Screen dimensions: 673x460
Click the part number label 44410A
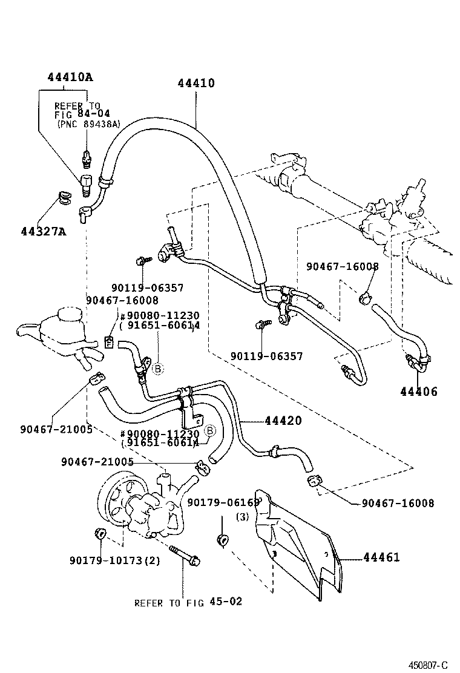pyautogui.click(x=70, y=77)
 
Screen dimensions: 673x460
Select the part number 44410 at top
pyautogui.click(x=196, y=84)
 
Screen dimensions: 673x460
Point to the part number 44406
pyautogui.click(x=418, y=392)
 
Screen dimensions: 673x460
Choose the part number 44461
pyautogui.click(x=381, y=557)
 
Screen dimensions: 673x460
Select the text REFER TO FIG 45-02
pyautogui.click(x=188, y=602)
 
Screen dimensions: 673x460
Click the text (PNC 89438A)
pyautogui.click(x=89, y=124)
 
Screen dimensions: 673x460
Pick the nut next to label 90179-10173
pyautogui.click(x=100, y=534)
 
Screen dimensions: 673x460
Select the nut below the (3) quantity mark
pyautogui.click(x=223, y=539)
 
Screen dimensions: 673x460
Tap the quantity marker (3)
pyautogui.click(x=242, y=517)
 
